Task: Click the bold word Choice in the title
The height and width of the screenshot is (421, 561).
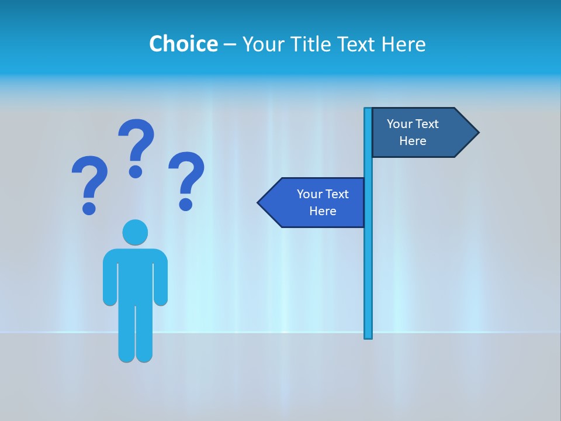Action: pyautogui.click(x=183, y=44)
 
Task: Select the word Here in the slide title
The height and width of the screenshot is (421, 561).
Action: pyautogui.click(x=403, y=44)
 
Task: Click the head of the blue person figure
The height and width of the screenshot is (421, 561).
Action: pyautogui.click(x=135, y=232)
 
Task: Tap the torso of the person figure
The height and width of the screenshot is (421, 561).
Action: pyautogui.click(x=135, y=275)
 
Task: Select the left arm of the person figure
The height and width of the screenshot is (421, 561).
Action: pyautogui.click(x=109, y=281)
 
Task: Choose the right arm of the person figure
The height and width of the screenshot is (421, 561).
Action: pyautogui.click(x=161, y=281)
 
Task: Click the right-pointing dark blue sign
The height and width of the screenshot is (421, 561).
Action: pyautogui.click(x=421, y=132)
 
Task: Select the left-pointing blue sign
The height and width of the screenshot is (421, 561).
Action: pyautogui.click(x=316, y=202)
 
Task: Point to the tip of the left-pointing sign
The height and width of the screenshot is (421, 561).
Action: pyautogui.click(x=259, y=203)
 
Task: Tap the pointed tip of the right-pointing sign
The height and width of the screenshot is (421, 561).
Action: pyautogui.click(x=477, y=133)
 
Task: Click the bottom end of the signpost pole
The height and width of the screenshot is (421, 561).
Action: pyautogui.click(x=368, y=336)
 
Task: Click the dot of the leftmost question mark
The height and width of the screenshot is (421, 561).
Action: pyautogui.click(x=89, y=208)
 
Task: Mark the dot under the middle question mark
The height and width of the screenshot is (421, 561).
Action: pyautogui.click(x=136, y=171)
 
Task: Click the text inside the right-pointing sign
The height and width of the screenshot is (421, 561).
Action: pyautogui.click(x=413, y=132)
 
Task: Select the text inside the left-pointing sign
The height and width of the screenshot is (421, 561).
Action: pyautogui.click(x=323, y=202)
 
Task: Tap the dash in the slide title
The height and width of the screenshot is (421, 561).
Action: pyautogui.click(x=230, y=45)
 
